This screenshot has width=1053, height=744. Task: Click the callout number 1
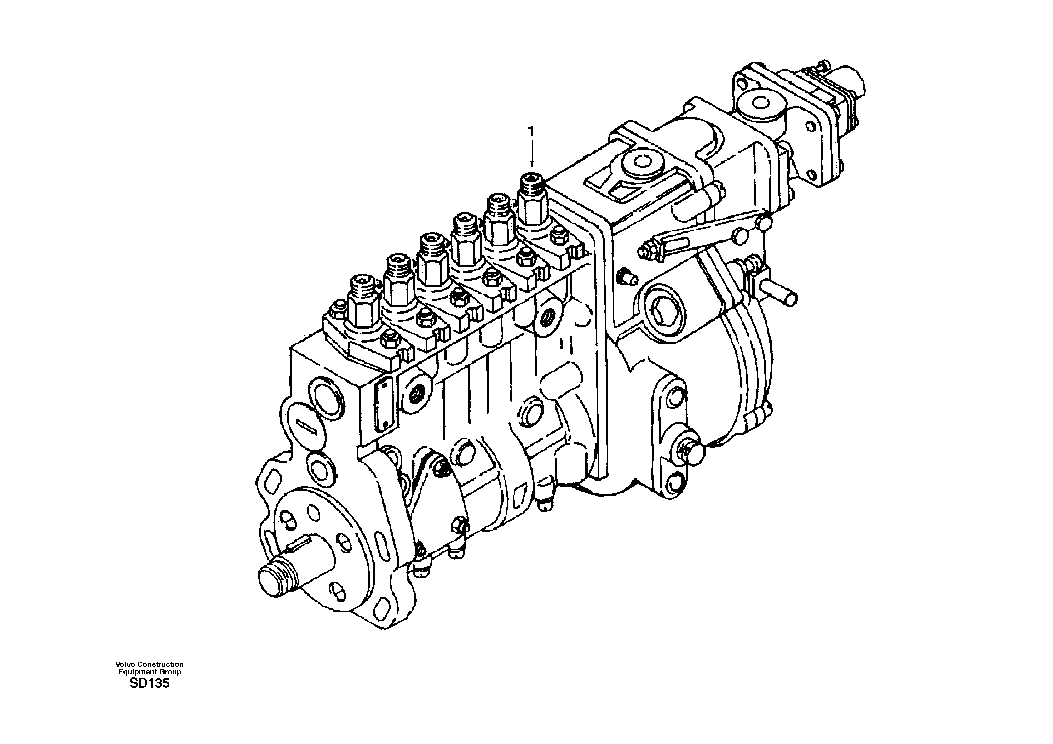tap(531, 132)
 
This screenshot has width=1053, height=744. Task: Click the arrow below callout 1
tap(531, 154)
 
